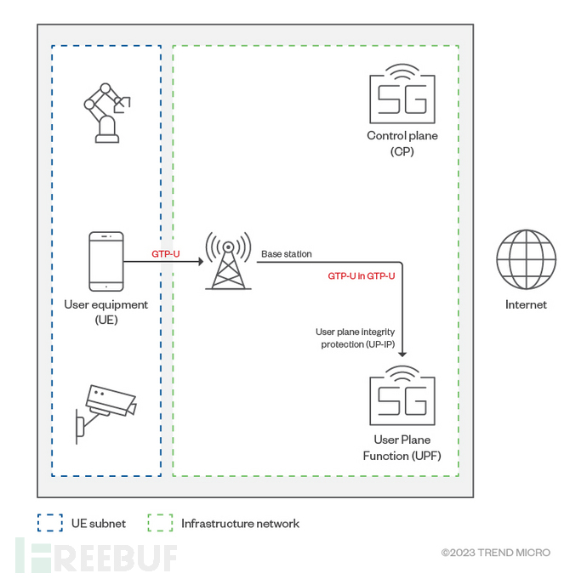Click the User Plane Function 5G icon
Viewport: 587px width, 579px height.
point(402,397)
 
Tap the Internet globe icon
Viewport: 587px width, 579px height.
point(526,261)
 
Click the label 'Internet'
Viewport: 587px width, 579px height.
point(526,304)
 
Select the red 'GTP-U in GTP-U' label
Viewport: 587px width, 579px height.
point(361,276)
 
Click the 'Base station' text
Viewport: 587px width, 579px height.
point(286,253)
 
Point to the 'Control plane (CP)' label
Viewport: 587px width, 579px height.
point(402,143)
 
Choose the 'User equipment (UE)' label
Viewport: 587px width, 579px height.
point(106,311)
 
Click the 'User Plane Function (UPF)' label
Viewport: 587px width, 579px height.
point(402,447)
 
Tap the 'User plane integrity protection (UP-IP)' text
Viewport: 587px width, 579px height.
point(356,338)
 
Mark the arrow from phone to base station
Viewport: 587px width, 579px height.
point(162,261)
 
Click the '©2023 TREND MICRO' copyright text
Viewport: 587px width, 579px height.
point(495,553)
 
